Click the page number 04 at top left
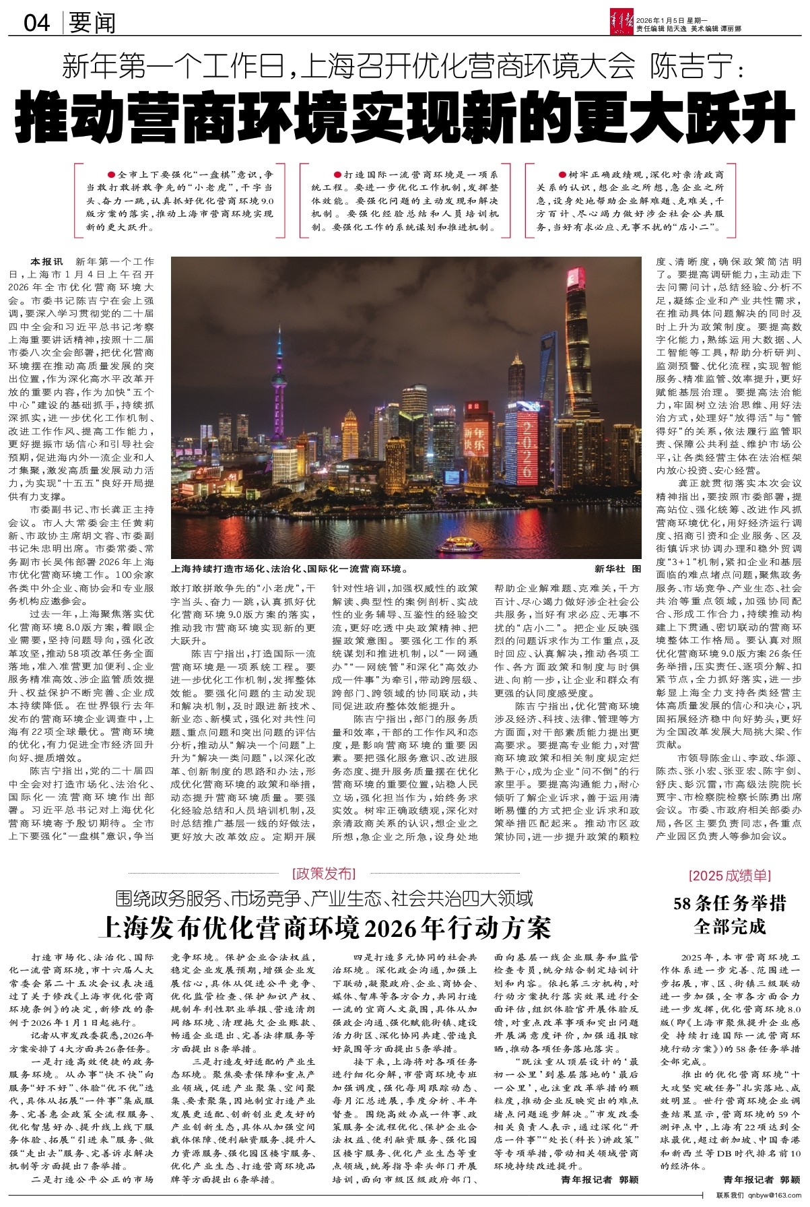37,24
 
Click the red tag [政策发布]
324,874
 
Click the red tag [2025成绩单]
731,876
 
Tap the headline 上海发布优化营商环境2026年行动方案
325,927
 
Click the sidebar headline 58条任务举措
730,903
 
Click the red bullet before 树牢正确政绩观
563,174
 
